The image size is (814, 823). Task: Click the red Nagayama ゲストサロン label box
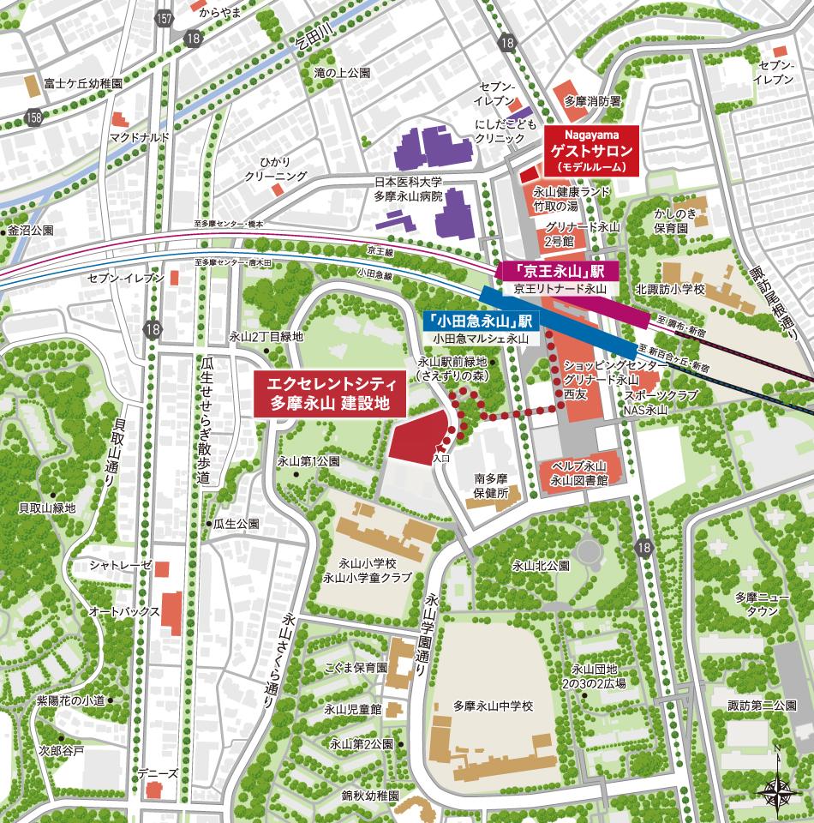pyautogui.click(x=591, y=150)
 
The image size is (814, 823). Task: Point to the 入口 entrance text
pyautogui.click(x=441, y=460)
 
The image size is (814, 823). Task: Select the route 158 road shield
pyautogui.click(x=33, y=116)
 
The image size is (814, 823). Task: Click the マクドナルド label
pyautogui.click(x=140, y=138)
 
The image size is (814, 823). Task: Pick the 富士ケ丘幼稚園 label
pyautogui.click(x=85, y=85)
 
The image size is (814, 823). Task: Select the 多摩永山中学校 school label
pyautogui.click(x=494, y=706)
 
